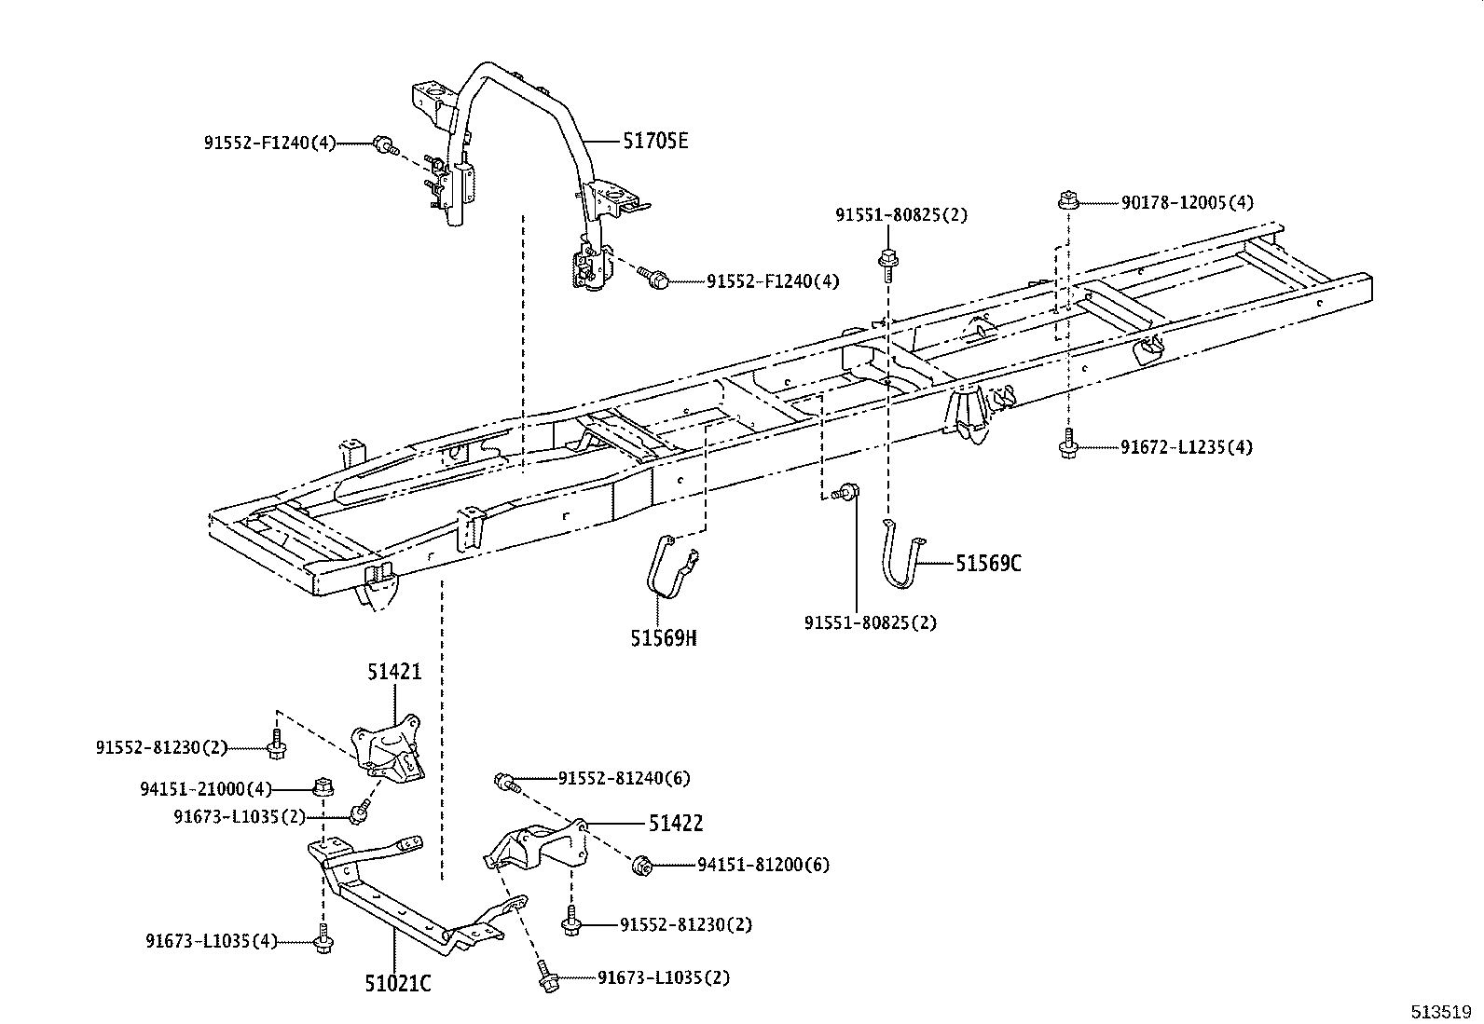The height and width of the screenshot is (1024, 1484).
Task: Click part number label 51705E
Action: click(656, 141)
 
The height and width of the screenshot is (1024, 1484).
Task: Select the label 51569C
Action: click(988, 564)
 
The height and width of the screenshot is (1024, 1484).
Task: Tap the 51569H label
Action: click(663, 638)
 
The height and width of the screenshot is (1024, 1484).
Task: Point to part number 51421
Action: click(393, 672)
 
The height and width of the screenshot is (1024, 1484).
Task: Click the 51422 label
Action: click(676, 823)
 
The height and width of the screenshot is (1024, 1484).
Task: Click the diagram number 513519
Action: click(1441, 1011)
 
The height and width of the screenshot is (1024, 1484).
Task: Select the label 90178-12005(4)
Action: click(1187, 202)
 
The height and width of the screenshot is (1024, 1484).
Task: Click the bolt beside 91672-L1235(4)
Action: click(1068, 444)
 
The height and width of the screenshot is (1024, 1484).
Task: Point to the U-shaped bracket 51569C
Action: click(901, 556)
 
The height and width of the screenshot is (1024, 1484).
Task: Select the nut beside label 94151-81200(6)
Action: click(640, 866)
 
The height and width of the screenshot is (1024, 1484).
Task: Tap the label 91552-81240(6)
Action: click(625, 778)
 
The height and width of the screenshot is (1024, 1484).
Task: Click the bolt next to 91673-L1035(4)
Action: click(323, 940)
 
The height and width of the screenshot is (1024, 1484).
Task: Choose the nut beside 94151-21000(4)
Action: click(323, 787)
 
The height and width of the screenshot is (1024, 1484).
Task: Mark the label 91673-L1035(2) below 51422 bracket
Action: click(664, 977)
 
